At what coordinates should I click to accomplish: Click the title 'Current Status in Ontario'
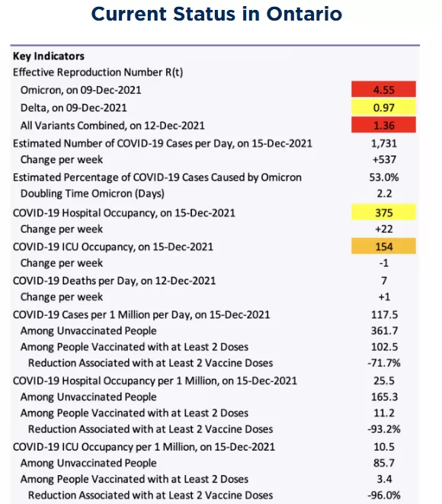pos(217,14)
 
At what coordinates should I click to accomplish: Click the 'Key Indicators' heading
pos(49,56)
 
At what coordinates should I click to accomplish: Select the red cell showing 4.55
pos(383,89)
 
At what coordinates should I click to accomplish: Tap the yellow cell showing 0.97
pos(383,108)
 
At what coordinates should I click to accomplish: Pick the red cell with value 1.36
pos(383,125)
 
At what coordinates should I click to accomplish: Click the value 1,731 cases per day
pos(384,143)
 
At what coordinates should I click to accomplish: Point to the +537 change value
pos(384,159)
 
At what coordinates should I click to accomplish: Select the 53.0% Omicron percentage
pos(384,177)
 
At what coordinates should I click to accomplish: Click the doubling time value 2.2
pos(384,194)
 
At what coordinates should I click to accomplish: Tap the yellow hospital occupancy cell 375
pos(383,212)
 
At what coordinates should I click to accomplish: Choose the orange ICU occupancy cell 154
pos(383,246)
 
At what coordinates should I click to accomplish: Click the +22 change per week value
pos(384,229)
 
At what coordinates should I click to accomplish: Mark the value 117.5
pos(385,314)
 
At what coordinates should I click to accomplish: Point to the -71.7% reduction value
pos(384,363)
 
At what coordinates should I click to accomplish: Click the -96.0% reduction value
pos(384,495)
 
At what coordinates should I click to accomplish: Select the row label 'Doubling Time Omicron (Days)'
pos(92,194)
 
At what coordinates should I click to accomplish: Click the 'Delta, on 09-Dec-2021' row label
pos(74,108)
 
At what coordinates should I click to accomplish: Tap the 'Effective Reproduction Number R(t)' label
pos(98,72)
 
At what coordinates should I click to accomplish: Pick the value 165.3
pos(385,396)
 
